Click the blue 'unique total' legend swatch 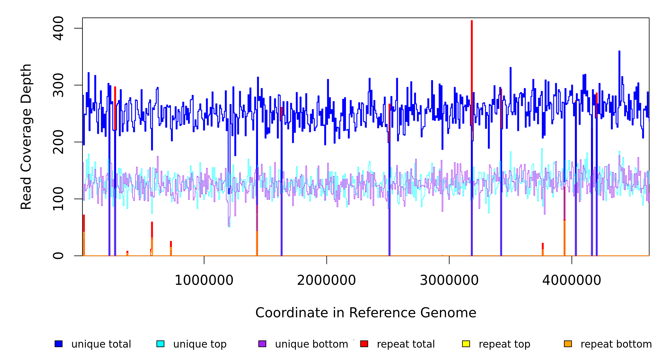tap(59, 344)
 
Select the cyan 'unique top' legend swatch tap(160, 344)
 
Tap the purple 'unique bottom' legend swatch tap(262, 344)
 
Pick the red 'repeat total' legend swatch tap(364, 344)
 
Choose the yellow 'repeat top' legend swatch tap(466, 344)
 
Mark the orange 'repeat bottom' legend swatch tap(568, 344)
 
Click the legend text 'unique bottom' tap(311, 344)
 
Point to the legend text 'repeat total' tap(406, 344)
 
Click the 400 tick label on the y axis tap(58, 28)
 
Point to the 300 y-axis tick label tap(58, 85)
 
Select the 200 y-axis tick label tap(58, 142)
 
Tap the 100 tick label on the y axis tap(58, 199)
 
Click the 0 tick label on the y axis tap(58, 256)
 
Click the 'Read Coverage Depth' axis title tap(26, 136)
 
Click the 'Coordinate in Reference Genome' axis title tap(366, 313)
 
